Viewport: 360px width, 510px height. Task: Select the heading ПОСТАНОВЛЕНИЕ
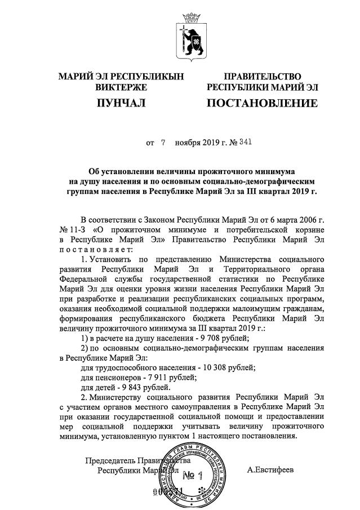point(263,103)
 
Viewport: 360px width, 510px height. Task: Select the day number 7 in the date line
point(163,143)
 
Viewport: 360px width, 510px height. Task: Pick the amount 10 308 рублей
point(224,367)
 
